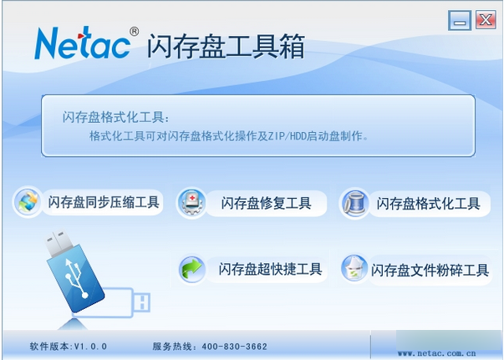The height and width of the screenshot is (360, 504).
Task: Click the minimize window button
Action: (460, 20)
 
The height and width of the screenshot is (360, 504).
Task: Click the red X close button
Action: (486, 20)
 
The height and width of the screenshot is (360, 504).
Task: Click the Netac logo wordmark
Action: (83, 43)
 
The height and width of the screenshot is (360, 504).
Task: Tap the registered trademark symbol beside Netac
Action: (135, 32)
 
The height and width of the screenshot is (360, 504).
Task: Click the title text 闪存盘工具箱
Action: (226, 47)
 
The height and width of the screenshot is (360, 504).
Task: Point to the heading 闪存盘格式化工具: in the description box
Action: (115, 117)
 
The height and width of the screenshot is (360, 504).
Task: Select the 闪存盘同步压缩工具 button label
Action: (104, 202)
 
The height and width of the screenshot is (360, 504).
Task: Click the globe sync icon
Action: (28, 202)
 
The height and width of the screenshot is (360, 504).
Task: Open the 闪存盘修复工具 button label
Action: (266, 203)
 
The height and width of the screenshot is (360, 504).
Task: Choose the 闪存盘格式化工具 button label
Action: (428, 204)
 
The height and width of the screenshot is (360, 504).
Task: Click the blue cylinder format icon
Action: (355, 203)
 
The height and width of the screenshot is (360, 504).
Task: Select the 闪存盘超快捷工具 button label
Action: (270, 269)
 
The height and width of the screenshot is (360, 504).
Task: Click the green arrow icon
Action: (192, 269)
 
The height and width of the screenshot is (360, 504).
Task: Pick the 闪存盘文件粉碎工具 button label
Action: (430, 271)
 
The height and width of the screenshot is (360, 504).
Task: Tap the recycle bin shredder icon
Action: (354, 268)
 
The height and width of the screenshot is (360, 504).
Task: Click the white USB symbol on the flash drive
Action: (76, 277)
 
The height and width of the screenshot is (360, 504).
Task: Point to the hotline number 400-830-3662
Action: (235, 347)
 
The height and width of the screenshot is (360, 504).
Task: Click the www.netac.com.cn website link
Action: (436, 353)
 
